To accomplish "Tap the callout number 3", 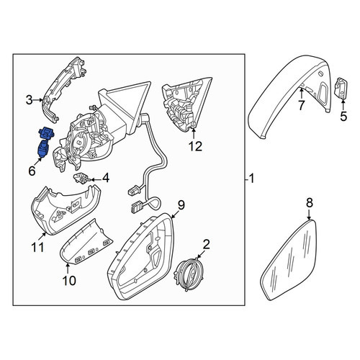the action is [29, 100].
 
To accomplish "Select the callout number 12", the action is [195, 146].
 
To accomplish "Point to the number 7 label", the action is [301, 105].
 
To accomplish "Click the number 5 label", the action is [343, 117].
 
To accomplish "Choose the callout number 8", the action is [310, 203].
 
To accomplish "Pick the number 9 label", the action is [181, 205].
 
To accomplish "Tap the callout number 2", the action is [207, 244].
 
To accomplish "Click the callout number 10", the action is [69, 281].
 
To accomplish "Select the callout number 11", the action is [38, 247].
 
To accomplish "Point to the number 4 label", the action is [106, 179].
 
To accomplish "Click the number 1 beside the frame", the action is [251, 179].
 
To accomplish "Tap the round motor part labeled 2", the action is [189, 274].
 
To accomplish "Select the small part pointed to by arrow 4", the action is [81, 178].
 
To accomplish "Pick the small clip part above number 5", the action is [341, 88].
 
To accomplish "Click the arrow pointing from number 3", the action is [37, 100].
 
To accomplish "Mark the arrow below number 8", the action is [309, 214].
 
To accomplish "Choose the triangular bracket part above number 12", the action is [186, 104].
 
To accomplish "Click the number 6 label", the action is [32, 171].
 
